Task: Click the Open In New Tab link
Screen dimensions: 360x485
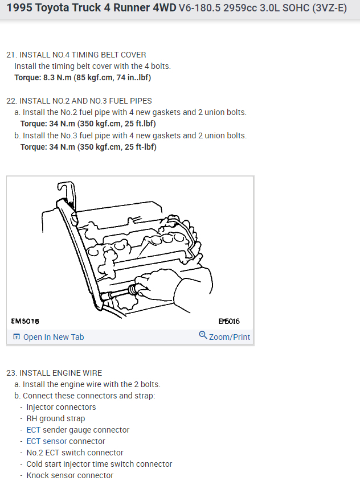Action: [53, 337]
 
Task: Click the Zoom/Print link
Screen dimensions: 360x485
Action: [229, 337]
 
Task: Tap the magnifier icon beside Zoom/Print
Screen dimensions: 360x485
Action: [203, 335]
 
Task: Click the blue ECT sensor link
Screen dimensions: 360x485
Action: [47, 441]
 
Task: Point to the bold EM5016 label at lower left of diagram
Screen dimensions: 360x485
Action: [26, 321]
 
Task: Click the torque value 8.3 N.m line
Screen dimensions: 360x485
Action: [83, 77]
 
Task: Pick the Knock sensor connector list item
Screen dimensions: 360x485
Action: [70, 475]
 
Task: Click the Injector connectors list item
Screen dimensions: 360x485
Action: [61, 407]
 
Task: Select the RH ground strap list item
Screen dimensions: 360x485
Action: [56, 418]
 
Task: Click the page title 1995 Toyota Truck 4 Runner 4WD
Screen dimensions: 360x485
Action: [91, 9]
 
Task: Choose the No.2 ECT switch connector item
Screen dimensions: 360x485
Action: [75, 453]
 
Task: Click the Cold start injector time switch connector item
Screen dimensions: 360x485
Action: [99, 464]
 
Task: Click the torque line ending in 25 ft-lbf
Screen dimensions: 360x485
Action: [88, 147]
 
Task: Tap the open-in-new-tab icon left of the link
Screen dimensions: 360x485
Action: [17, 337]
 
